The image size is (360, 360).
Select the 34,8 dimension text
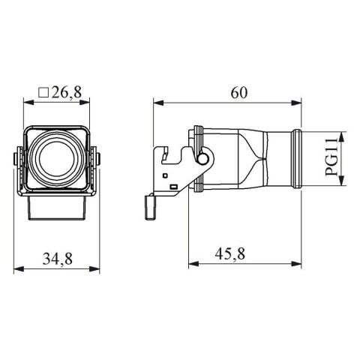point(57,259)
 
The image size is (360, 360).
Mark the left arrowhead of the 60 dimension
point(156,103)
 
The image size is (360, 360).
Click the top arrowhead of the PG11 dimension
point(342,136)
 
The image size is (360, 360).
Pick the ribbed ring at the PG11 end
point(299,160)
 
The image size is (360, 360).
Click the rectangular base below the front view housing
point(57,208)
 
